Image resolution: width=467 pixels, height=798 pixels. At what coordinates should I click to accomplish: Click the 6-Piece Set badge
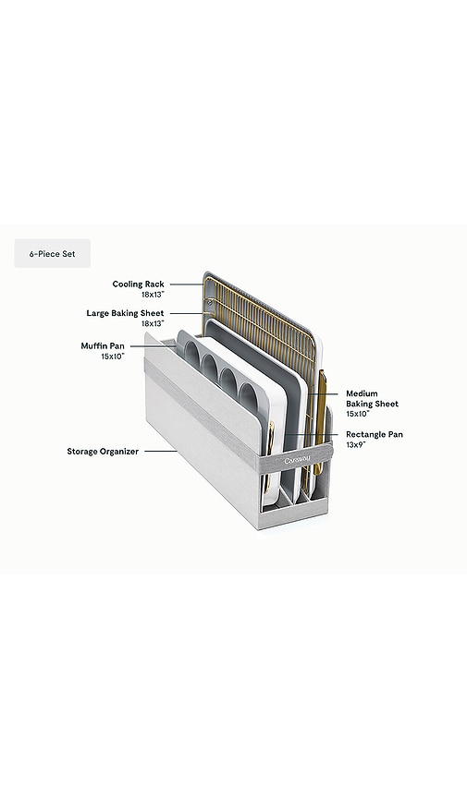53,253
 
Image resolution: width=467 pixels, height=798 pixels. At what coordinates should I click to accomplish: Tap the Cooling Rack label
138,284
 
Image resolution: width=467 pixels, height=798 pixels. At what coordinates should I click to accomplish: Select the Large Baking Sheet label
125,313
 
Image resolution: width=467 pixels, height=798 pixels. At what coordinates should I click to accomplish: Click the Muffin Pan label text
103,346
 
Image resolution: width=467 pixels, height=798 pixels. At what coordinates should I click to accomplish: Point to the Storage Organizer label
103,452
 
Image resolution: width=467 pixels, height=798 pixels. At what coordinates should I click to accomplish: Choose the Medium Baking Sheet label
372,398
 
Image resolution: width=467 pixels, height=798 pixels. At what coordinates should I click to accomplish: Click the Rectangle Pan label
375,434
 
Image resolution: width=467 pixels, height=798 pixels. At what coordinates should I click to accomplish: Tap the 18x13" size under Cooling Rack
153,294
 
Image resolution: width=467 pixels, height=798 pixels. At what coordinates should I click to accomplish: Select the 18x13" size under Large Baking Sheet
153,323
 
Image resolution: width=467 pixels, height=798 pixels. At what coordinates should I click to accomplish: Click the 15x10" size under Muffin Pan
113,357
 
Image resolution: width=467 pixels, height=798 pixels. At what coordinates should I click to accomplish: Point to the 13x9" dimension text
356,444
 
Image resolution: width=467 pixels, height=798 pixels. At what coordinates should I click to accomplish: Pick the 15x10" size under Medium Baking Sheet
358,414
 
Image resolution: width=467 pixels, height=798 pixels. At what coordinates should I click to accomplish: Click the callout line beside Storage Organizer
161,452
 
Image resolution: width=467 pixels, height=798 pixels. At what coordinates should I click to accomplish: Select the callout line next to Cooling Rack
187,284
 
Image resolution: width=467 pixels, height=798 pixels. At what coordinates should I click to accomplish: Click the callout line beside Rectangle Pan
312,434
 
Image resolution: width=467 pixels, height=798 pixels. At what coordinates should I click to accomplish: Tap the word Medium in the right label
362,393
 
